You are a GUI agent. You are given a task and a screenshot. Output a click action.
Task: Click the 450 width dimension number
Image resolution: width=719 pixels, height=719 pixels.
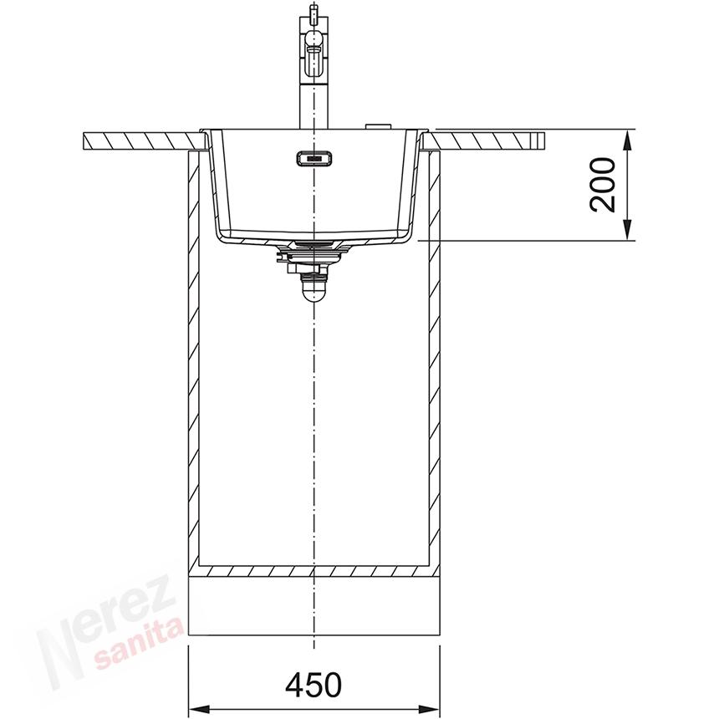tap(314, 684)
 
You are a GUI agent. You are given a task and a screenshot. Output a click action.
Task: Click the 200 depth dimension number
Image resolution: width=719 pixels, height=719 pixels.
tap(603, 185)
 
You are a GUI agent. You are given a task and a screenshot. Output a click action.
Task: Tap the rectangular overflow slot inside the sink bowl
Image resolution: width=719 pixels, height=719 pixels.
tap(314, 158)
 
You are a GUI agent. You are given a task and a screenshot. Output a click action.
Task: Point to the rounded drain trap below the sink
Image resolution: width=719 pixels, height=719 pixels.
tap(314, 289)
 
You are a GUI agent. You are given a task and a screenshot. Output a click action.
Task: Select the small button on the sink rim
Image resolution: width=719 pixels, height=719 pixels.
tap(378, 125)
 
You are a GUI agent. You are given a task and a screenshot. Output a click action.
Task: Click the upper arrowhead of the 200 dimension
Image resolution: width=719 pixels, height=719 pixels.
tap(628, 140)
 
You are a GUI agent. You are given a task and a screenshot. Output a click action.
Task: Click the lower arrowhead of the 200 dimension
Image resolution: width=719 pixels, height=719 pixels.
tap(628, 230)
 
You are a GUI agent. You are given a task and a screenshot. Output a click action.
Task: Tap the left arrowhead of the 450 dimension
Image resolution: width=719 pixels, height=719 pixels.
tap(198, 707)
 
